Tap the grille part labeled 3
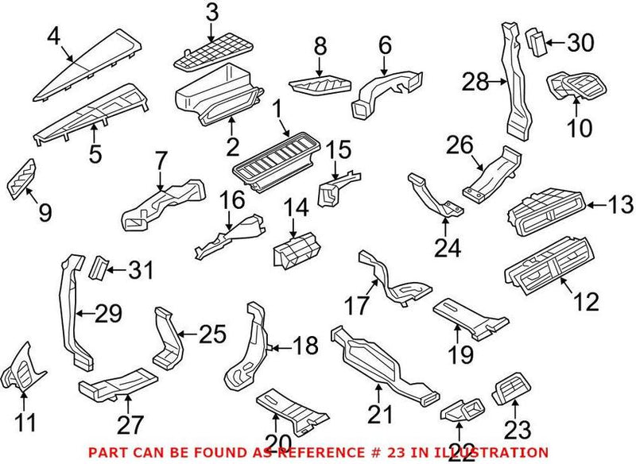(208, 53)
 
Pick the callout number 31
(140, 272)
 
